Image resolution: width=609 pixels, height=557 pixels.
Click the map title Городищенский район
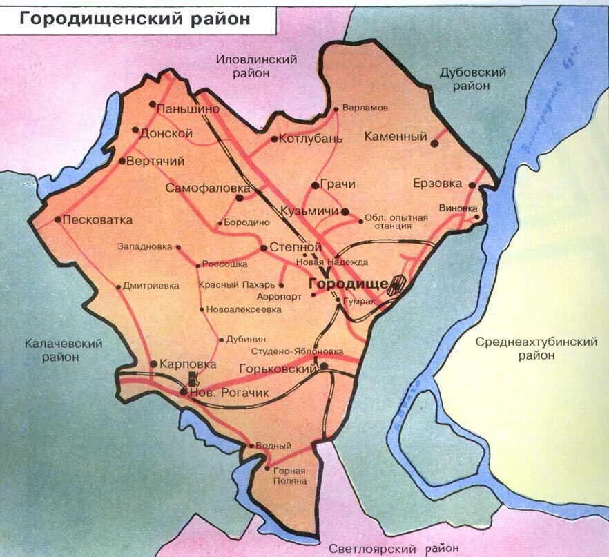click(135, 19)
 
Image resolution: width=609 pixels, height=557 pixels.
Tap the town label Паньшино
click(188, 109)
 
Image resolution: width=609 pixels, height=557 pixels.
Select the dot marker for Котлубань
click(274, 139)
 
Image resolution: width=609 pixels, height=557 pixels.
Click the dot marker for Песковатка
click(58, 220)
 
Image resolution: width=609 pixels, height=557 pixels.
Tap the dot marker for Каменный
click(434, 144)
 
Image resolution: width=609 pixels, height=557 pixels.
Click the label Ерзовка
click(437, 184)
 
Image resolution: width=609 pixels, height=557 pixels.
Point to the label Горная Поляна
click(289, 476)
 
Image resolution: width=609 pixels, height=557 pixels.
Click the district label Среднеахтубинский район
click(536, 349)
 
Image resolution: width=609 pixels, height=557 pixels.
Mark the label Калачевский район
click(64, 350)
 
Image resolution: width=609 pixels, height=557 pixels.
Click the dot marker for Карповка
click(153, 364)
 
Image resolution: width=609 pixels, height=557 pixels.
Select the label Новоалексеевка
click(244, 310)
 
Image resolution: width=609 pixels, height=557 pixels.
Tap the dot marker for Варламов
click(336, 109)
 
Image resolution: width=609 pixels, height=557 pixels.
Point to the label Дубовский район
click(473, 79)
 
